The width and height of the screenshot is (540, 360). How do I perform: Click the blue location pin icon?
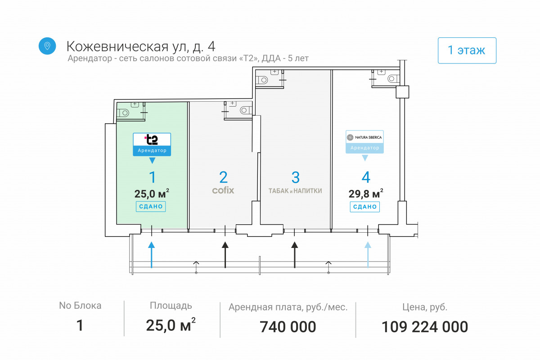point(47,46)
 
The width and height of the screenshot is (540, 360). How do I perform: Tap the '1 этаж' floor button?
point(467,50)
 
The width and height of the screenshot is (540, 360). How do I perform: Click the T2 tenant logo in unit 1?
point(152,140)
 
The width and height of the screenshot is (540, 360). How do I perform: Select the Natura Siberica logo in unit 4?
point(365,137)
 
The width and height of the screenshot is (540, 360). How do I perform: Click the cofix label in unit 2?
point(223,190)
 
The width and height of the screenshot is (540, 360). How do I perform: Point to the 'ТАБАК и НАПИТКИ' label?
point(295,191)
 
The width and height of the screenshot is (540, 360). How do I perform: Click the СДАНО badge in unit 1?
point(151,207)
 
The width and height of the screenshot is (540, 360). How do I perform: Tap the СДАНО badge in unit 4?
point(365,207)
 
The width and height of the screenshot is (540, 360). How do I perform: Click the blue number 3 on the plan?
point(296,177)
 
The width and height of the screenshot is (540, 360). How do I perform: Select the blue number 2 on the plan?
point(224,177)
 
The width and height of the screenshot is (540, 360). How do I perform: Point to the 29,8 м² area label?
point(366,193)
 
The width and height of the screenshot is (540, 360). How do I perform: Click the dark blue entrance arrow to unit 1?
point(151,255)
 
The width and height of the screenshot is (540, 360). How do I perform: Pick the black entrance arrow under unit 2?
point(225,255)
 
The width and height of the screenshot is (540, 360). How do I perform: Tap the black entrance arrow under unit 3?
point(295,255)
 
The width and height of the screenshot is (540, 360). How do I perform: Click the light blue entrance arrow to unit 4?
point(368,255)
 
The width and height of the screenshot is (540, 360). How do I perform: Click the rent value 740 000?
point(288,327)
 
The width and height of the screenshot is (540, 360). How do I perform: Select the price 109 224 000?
point(425,327)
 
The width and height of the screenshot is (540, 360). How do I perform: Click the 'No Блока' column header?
point(80,306)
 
